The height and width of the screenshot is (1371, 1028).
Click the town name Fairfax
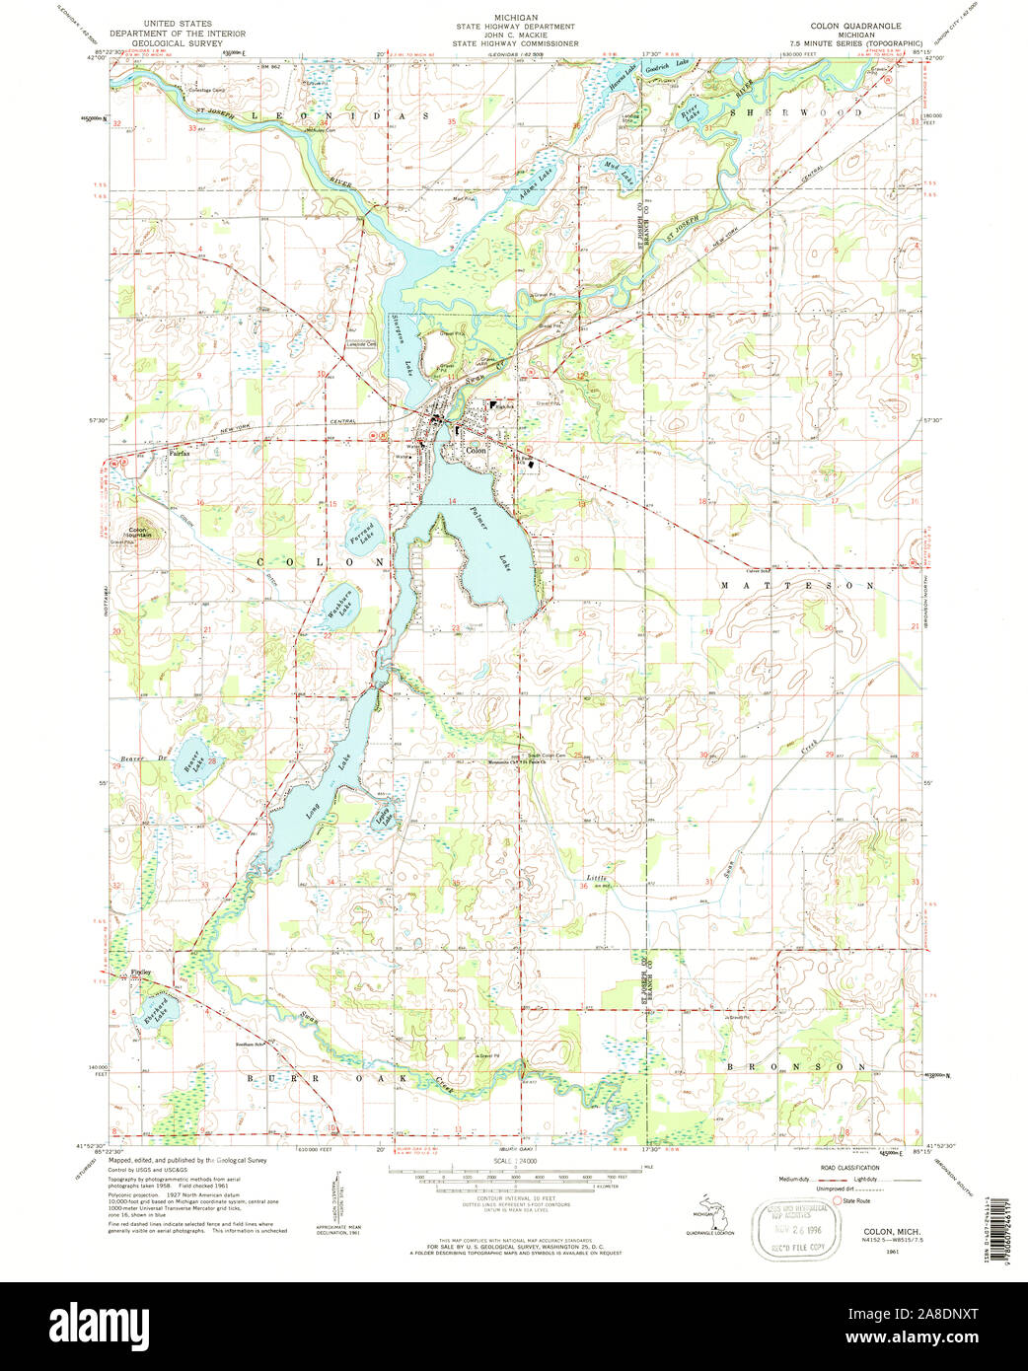(178, 455)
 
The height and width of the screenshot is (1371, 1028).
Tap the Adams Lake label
(534, 183)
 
